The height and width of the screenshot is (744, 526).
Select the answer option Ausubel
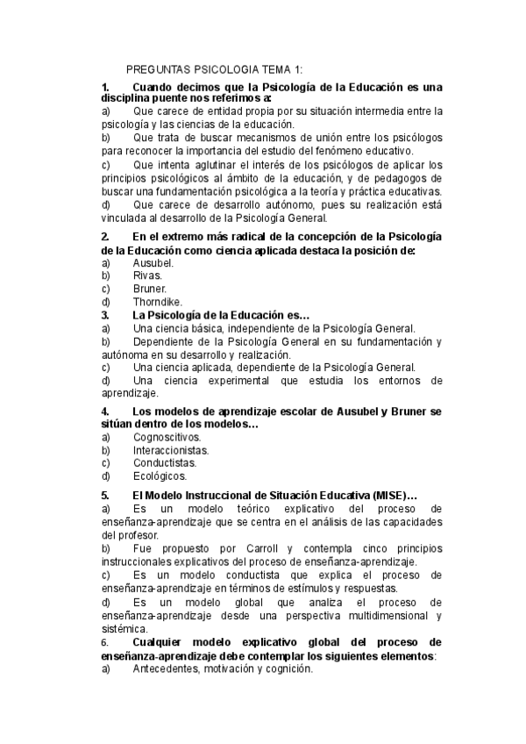click(153, 262)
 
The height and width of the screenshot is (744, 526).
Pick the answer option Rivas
click(148, 275)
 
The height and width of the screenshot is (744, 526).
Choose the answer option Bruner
click(150, 288)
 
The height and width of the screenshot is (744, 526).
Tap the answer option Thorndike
click(158, 301)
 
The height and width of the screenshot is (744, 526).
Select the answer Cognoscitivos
click(167, 436)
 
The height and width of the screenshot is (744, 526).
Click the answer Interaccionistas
click(171, 449)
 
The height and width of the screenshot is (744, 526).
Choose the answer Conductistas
click(165, 462)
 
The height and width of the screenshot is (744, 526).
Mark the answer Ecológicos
click(160, 476)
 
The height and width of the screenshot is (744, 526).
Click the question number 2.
click(105, 237)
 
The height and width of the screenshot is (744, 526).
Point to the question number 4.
click(105, 411)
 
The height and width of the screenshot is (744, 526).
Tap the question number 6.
click(105, 642)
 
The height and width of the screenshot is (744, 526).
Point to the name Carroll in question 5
click(254, 548)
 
